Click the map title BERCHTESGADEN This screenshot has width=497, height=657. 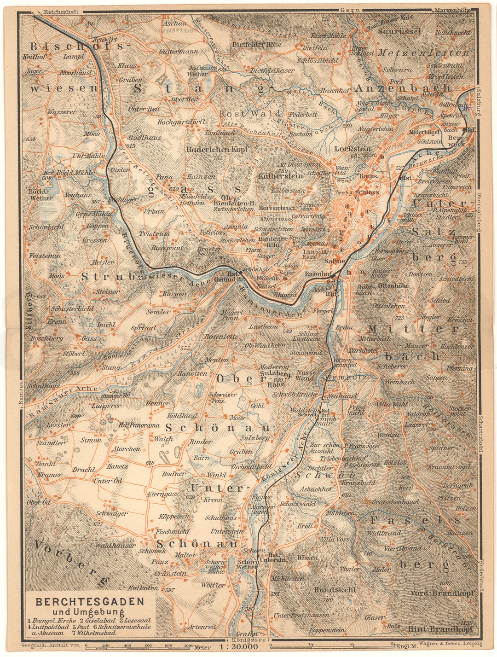tap(90, 602)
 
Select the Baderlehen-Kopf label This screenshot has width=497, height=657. tap(217, 150)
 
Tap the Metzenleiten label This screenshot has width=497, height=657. tap(423, 53)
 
